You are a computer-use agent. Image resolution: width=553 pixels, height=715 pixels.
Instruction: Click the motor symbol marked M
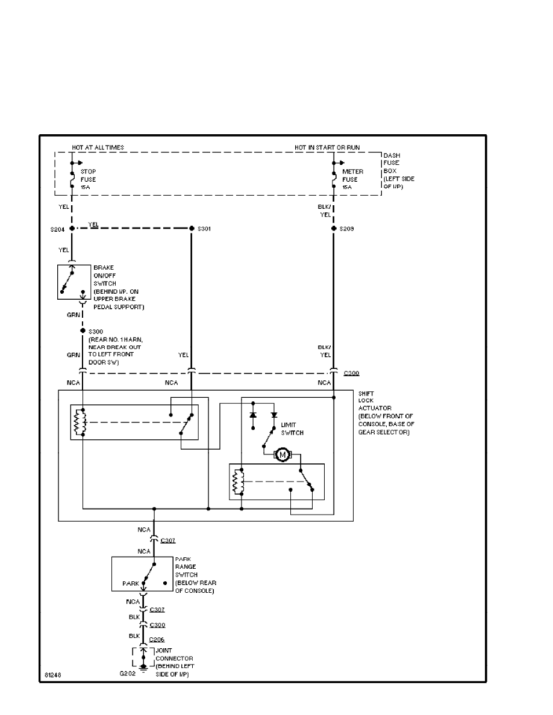[x=282, y=454]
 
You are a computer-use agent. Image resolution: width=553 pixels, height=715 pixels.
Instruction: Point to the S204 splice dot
[x=72, y=229]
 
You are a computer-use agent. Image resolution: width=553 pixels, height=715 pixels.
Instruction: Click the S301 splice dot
[x=191, y=229]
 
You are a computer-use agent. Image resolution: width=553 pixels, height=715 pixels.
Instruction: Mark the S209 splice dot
[x=333, y=229]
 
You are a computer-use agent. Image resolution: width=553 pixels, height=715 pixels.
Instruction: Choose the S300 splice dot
[x=83, y=331]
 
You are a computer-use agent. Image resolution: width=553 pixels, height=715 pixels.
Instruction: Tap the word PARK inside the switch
[x=130, y=583]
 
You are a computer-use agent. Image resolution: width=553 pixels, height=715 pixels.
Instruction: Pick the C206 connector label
[x=157, y=639]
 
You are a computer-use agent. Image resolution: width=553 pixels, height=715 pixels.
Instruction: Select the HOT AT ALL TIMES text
[x=98, y=147]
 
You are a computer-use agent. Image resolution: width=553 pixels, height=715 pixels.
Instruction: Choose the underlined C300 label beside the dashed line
[x=351, y=373]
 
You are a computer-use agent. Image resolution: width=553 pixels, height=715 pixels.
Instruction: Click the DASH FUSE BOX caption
[x=398, y=170]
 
